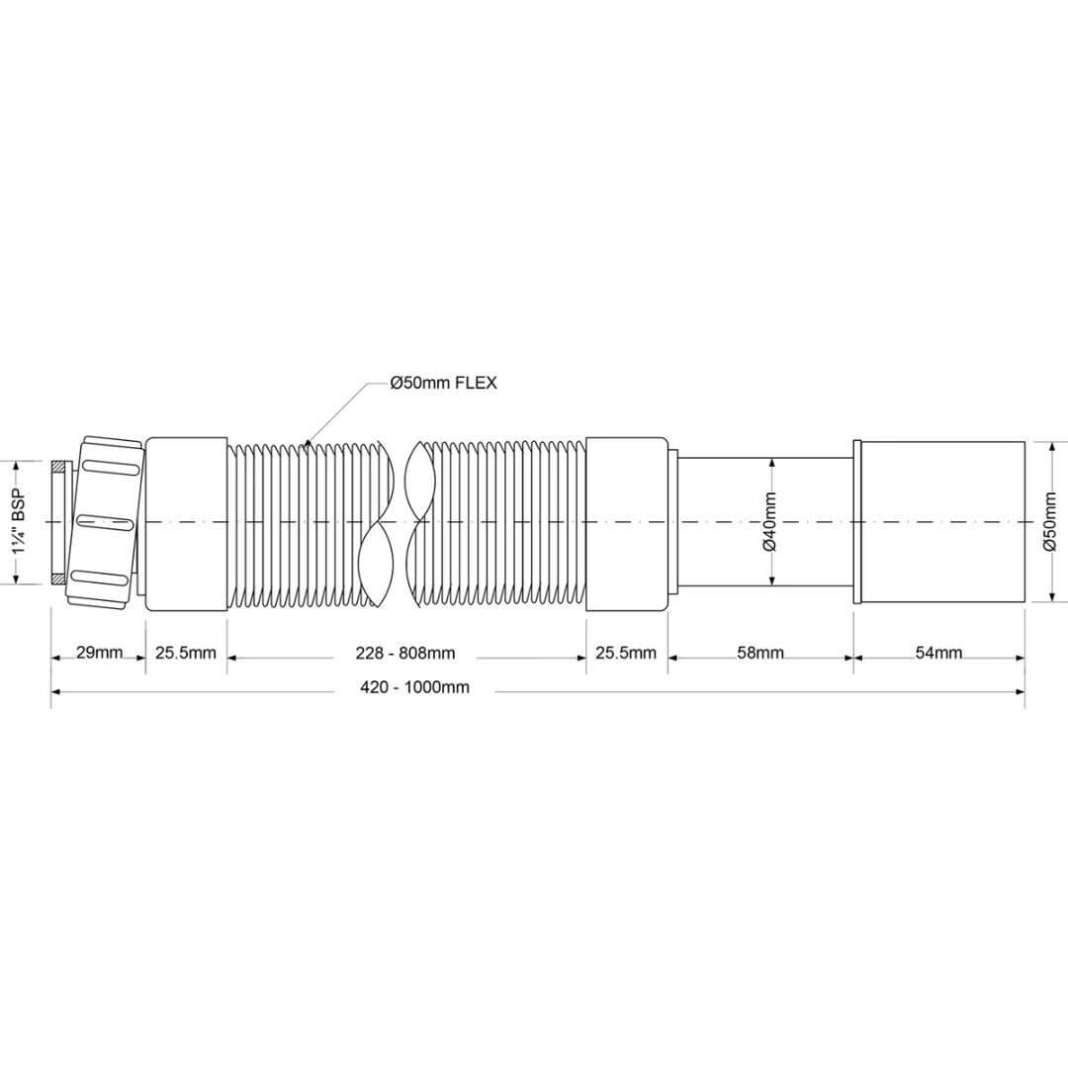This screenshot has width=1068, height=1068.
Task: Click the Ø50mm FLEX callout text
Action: click(444, 384)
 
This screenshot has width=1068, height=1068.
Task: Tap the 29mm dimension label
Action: click(99, 653)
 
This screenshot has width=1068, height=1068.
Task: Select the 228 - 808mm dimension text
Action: click(405, 653)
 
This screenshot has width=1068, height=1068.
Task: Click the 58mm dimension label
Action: click(760, 653)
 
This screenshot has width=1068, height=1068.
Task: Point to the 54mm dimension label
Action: click(938, 653)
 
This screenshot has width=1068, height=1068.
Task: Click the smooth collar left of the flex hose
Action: click(187, 521)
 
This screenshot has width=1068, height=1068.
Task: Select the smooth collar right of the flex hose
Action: click(627, 521)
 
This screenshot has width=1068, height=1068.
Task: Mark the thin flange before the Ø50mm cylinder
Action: click(859, 521)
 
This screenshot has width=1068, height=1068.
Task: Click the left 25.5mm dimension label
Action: click(185, 653)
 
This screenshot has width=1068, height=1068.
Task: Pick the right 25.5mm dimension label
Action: click(626, 653)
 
